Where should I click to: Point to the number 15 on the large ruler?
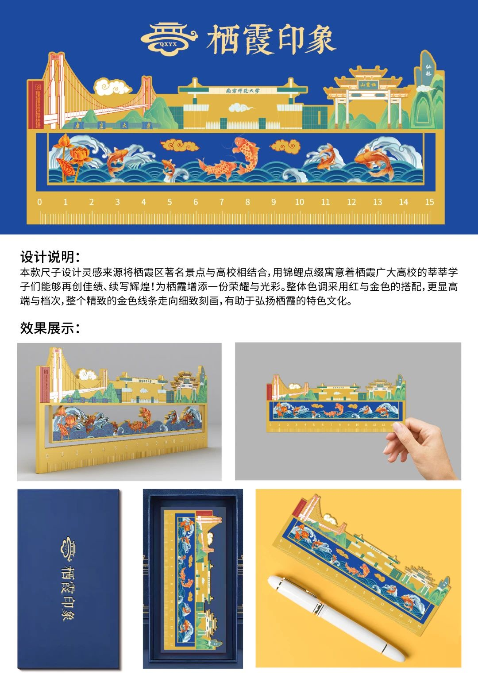(x=429, y=202)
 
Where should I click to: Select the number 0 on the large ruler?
(x=40, y=202)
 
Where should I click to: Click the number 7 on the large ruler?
(x=222, y=202)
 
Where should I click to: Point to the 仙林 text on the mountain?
(x=428, y=70)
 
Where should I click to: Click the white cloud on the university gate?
(x=241, y=108)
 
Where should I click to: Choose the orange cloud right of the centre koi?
(x=285, y=146)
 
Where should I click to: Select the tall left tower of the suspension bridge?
(x=55, y=91)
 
